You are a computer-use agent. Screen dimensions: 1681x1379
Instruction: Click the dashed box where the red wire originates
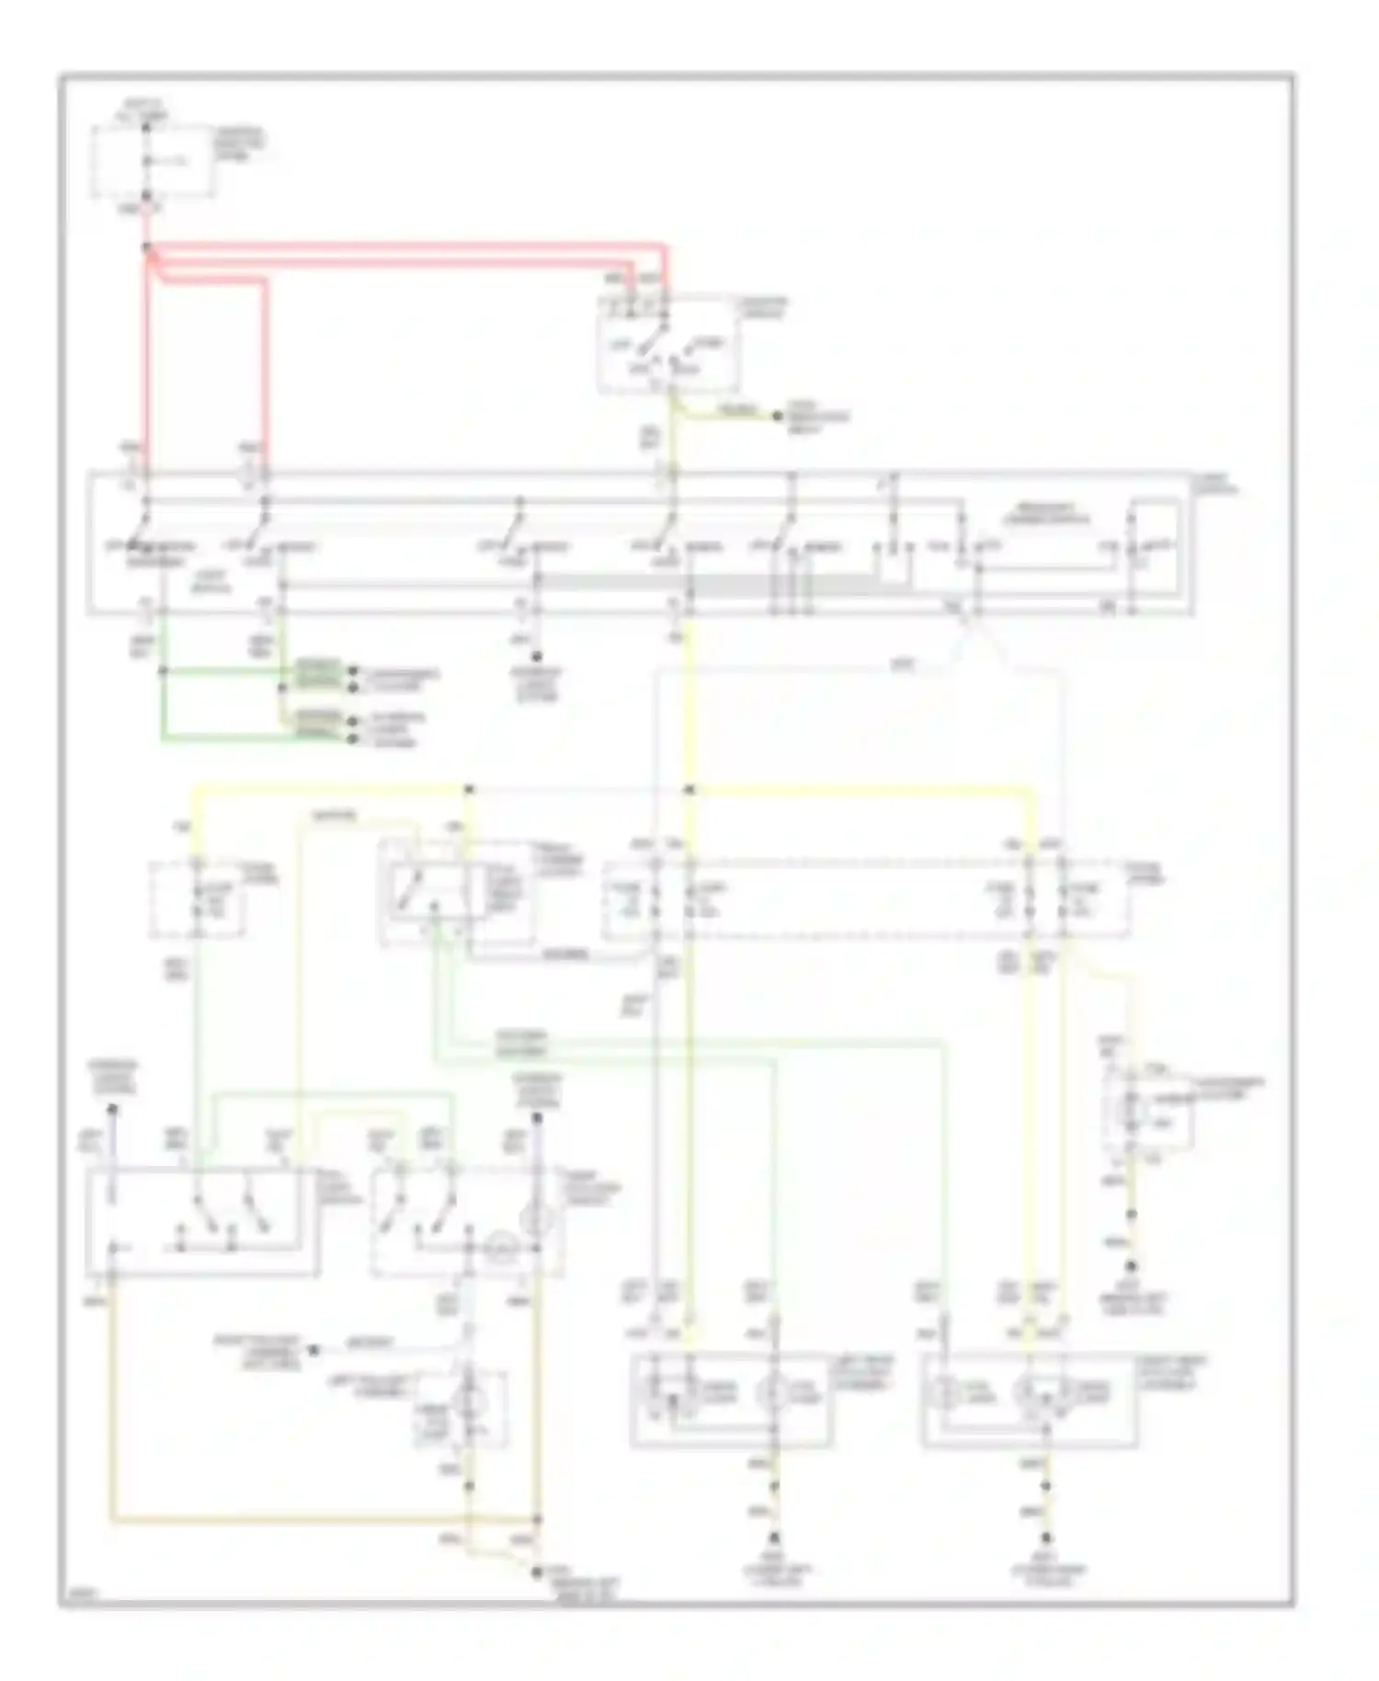(154, 162)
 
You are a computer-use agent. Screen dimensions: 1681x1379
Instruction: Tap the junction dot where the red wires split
(147, 247)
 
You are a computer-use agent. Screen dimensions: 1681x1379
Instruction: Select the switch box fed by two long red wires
(667, 344)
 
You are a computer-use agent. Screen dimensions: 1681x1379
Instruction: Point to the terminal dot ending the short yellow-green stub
(777, 417)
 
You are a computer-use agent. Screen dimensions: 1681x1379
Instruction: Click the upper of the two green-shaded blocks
(318, 674)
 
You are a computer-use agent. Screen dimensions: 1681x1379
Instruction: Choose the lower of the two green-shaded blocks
(318, 723)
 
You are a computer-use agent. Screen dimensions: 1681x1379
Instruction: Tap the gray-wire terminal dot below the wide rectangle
(537, 657)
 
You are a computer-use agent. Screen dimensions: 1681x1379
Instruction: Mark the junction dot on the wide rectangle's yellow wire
(689, 790)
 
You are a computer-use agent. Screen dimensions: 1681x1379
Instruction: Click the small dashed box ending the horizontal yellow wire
(198, 899)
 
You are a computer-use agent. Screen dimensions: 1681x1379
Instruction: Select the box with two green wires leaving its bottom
(457, 892)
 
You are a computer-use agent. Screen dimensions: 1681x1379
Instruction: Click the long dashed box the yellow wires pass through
(864, 899)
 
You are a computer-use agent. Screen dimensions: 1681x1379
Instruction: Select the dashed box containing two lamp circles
(469, 1221)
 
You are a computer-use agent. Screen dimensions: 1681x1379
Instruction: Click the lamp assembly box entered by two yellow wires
(1030, 1400)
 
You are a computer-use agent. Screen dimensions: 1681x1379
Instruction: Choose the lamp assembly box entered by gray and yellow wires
(732, 1400)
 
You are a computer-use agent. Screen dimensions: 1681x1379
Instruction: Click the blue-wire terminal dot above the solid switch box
(112, 1110)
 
